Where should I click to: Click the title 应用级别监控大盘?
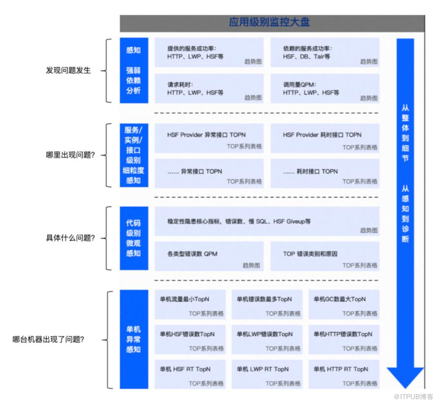click(269, 22)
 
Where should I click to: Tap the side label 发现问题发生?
click(68, 70)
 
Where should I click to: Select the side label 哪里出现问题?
click(70, 155)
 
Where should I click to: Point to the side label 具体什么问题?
click(70, 238)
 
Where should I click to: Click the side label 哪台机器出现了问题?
click(48, 339)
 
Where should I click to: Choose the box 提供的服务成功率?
click(209, 53)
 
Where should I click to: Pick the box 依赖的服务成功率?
click(325, 53)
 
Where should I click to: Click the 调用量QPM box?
click(325, 88)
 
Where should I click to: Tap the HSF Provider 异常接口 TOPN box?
click(209, 139)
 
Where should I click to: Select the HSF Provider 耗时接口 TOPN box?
click(325, 139)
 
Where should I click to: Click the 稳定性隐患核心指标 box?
click(267, 221)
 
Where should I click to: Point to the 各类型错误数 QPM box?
click(209, 256)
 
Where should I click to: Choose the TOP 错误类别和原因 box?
click(325, 256)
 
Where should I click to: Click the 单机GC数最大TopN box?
click(344, 304)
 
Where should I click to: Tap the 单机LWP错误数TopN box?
click(267, 340)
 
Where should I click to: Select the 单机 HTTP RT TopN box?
click(344, 374)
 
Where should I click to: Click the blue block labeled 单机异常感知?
click(134, 339)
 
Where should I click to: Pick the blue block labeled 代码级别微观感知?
click(134, 238)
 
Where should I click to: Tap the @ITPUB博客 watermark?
click(413, 397)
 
